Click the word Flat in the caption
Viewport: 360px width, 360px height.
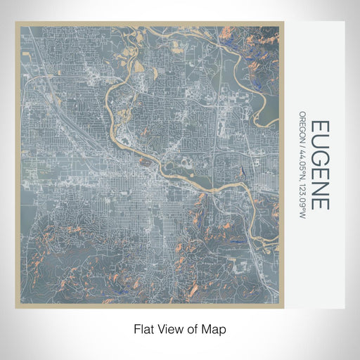tap(144, 328)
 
